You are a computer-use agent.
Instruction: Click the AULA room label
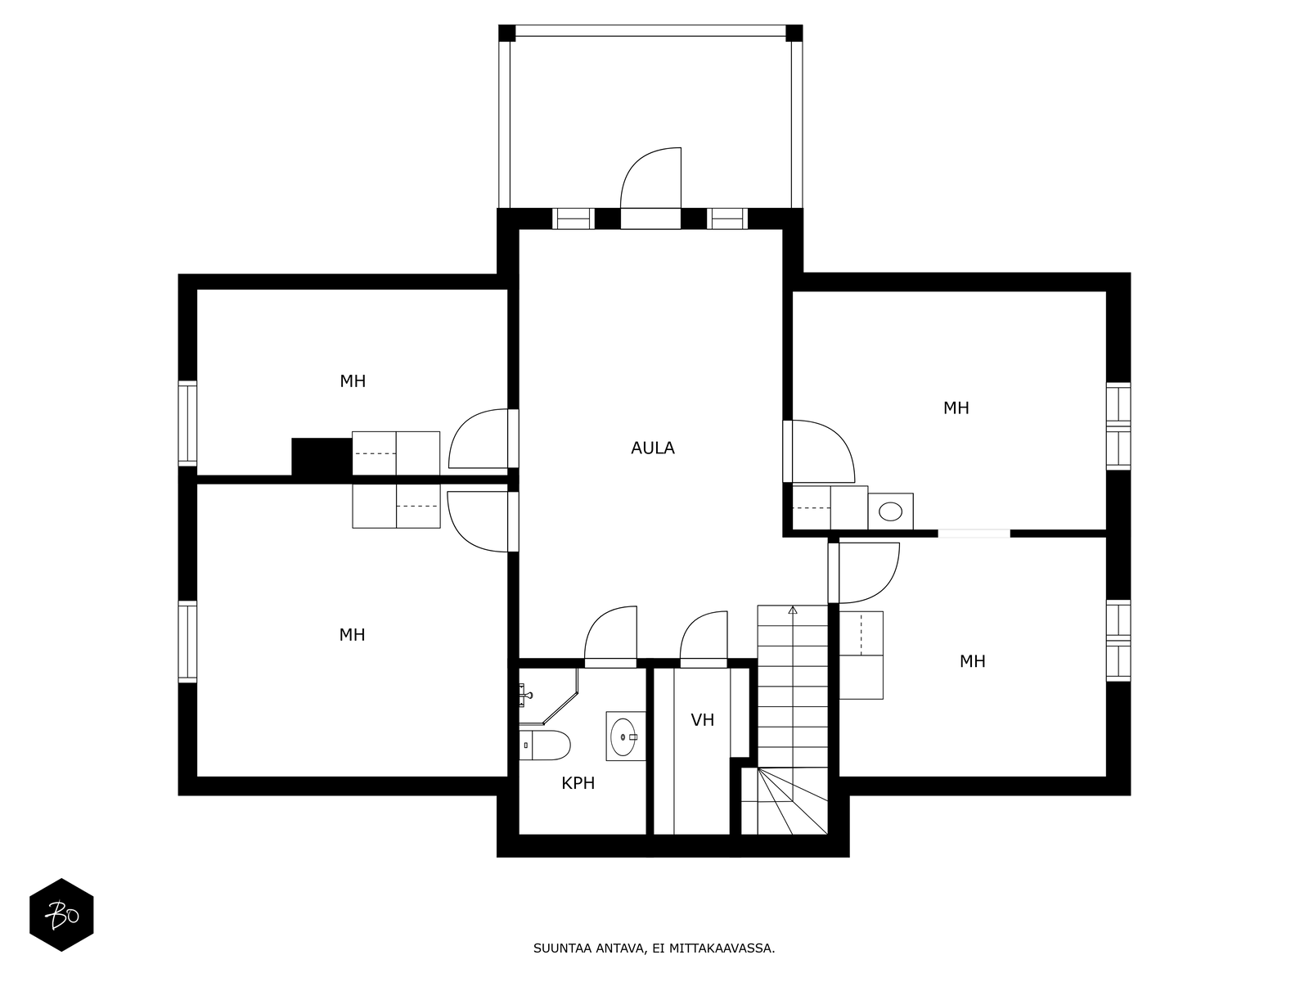653,448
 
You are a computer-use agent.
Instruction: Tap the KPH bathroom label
578,784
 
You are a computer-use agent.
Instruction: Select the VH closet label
702,720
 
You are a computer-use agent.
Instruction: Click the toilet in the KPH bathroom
546,746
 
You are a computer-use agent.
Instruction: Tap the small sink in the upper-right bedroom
890,512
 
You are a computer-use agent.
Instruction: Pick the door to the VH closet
704,638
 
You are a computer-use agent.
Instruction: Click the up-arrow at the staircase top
792,610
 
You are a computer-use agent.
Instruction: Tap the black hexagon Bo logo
61,915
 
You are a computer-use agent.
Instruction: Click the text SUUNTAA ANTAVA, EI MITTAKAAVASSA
654,949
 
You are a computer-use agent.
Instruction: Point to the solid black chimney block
322,456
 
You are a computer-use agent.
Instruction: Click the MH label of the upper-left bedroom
353,381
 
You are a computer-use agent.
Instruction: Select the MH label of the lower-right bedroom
972,661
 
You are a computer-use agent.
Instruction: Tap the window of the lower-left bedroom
188,642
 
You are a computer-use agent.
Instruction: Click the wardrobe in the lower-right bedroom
861,655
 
